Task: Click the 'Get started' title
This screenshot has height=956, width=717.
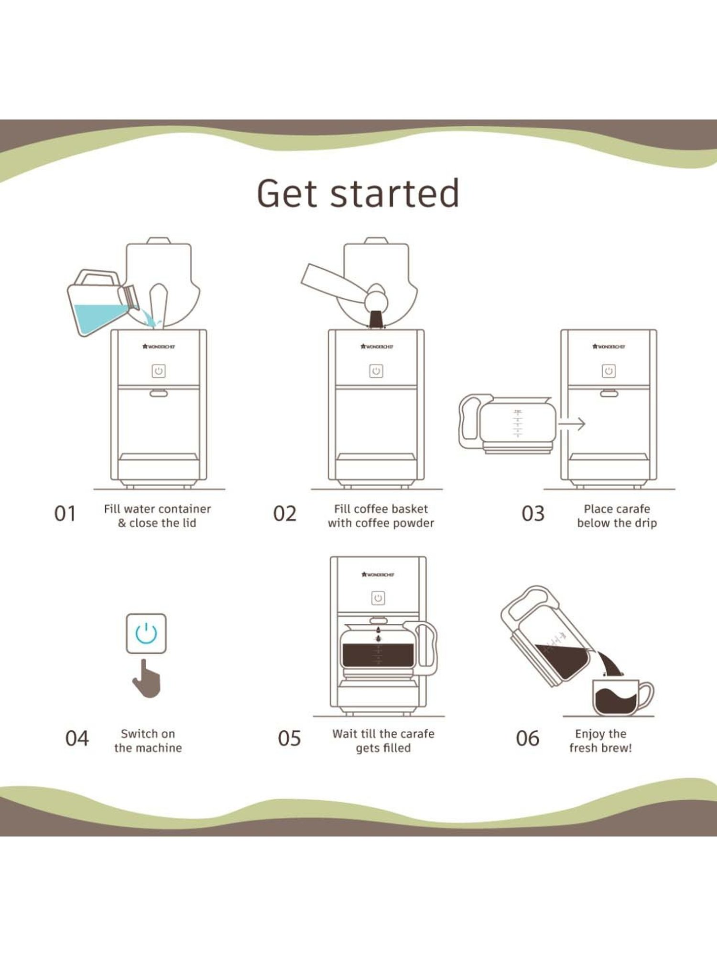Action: [358, 194]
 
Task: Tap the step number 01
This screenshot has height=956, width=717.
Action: [65, 514]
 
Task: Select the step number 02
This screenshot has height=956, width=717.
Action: [285, 514]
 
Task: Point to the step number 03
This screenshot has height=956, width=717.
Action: [533, 514]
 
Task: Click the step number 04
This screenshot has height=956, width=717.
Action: [77, 739]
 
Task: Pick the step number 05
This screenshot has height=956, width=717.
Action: [289, 739]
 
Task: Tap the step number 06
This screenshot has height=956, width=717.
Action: [528, 739]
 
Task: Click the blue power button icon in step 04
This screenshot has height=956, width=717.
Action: [146, 633]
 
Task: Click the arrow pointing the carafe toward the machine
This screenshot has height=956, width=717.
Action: [572, 424]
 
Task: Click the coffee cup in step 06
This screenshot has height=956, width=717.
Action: [619, 698]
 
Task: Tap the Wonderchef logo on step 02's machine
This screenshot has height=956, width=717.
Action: [377, 347]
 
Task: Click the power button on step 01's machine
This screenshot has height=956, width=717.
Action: [159, 371]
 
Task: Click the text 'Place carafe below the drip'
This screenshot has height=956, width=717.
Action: [617, 516]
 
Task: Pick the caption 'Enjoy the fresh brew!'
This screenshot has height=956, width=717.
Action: [600, 740]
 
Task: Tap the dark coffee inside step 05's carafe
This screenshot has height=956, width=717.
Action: [378, 655]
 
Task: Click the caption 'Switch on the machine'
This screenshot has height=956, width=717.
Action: [148, 740]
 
